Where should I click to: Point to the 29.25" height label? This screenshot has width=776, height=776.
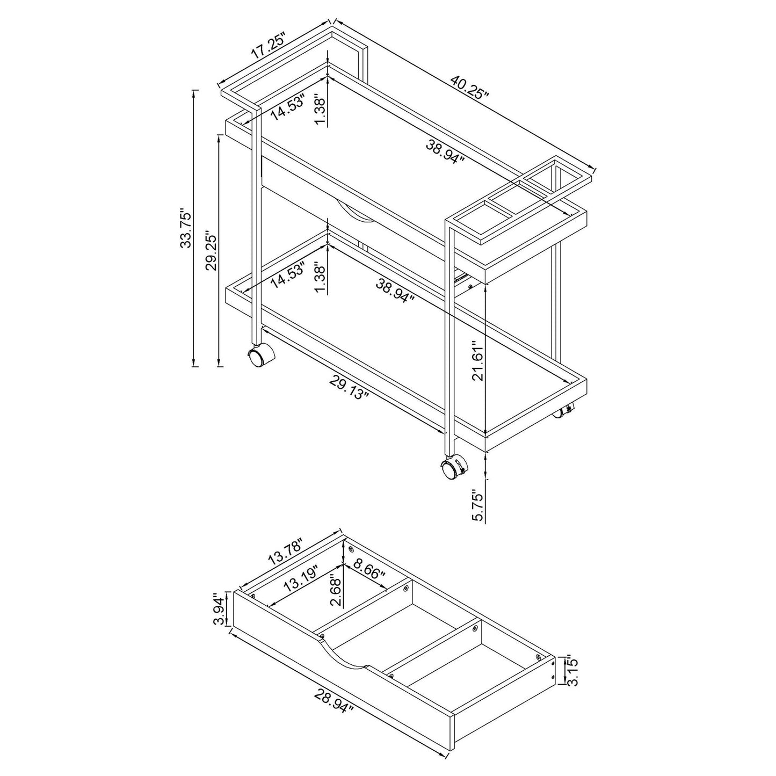pyautogui.click(x=211, y=252)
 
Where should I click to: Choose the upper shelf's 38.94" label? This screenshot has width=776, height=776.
pyautogui.click(x=445, y=152)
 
